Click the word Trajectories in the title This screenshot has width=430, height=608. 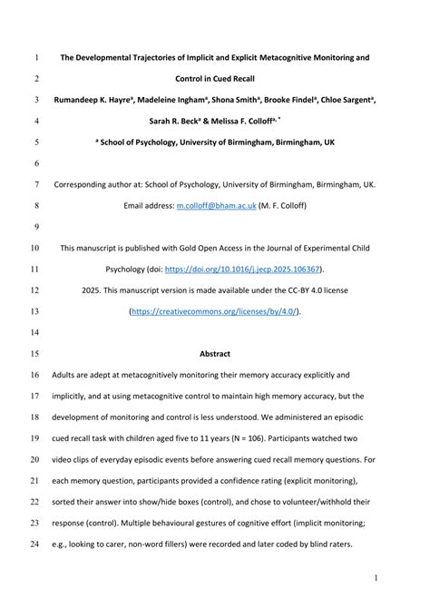(x=176, y=57)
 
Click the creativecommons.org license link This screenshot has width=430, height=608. (x=214, y=311)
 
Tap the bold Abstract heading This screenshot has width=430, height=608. (x=215, y=353)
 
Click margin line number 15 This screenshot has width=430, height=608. (x=36, y=353)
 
